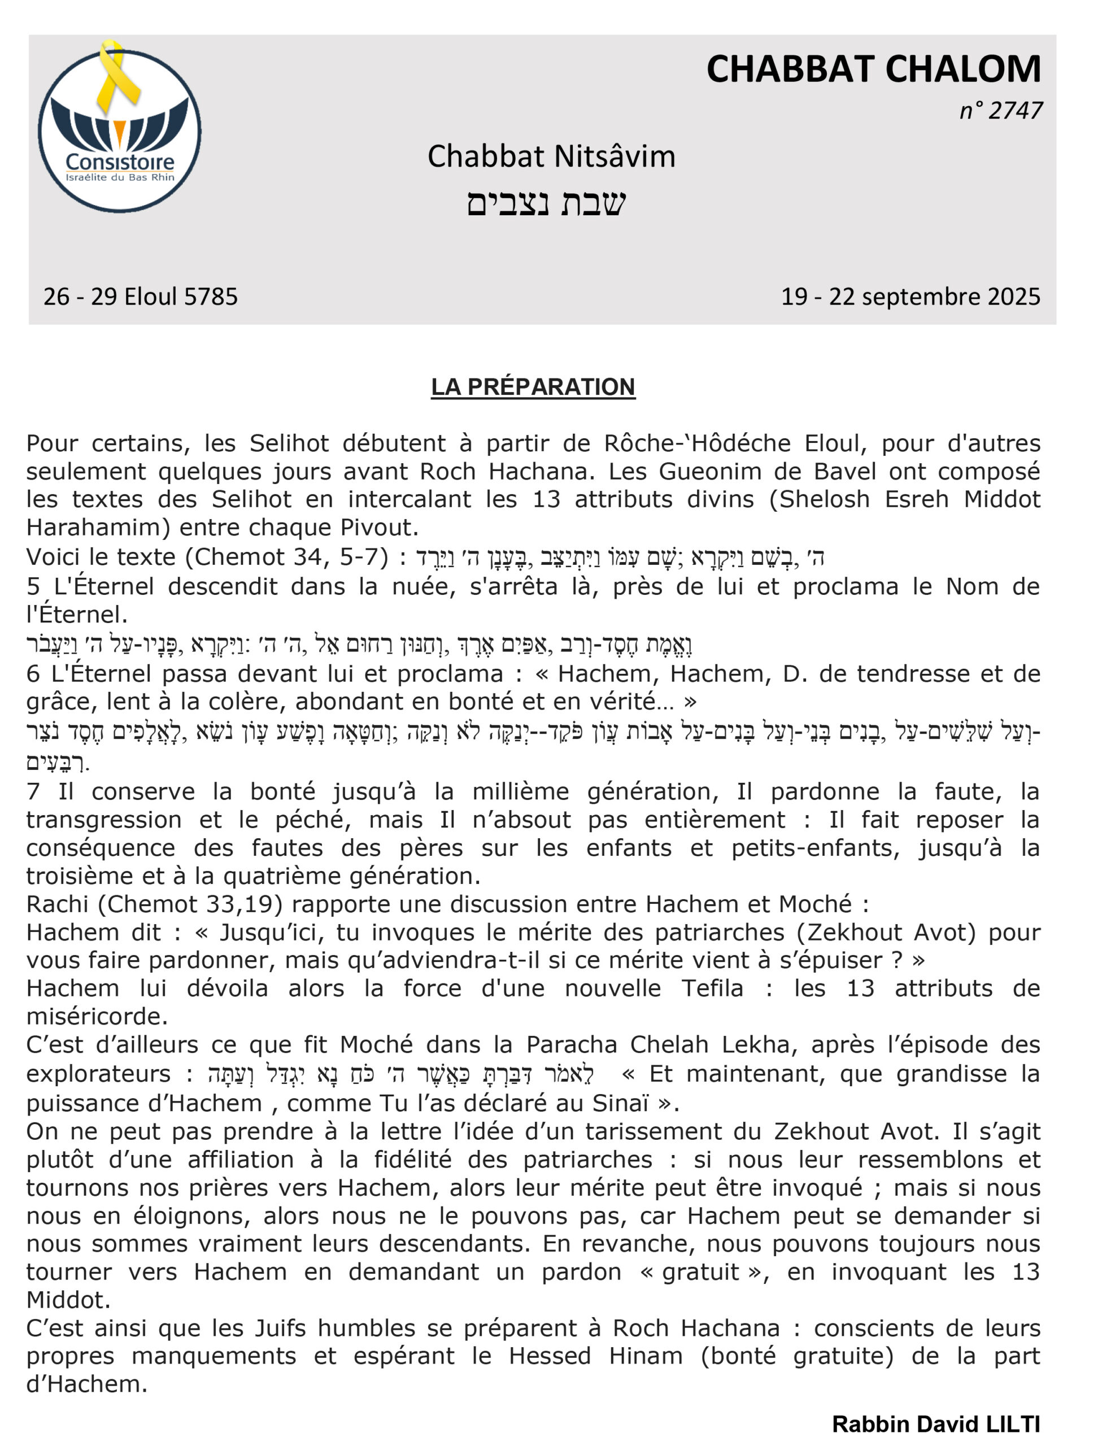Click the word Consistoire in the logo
120,162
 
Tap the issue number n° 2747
1001,111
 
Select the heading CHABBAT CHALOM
873,69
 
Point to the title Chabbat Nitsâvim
551,157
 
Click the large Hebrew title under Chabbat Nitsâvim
546,203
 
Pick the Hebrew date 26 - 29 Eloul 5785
141,297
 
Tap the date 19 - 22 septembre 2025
910,297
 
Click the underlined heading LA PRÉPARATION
533,387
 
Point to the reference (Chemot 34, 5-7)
287,557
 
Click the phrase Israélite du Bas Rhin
120,178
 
